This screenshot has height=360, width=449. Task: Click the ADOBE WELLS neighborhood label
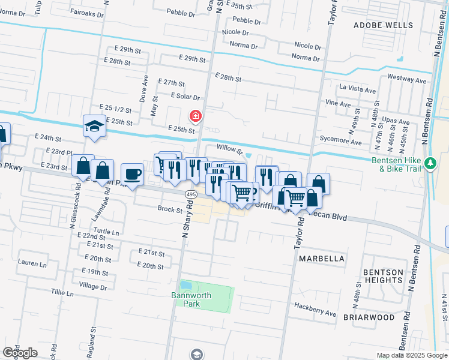point(383,25)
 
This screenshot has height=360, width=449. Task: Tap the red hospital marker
point(196,115)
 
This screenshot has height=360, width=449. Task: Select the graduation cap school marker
point(94,127)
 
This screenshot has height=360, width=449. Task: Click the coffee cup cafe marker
point(132,175)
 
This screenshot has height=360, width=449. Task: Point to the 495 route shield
point(190,195)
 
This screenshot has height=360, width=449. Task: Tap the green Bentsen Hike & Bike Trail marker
point(430,163)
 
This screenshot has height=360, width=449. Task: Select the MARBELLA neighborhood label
point(322,259)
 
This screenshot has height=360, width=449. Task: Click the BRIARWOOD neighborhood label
point(369,317)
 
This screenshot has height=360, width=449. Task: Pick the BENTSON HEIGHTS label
point(383,277)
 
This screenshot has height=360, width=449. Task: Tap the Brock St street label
point(170,210)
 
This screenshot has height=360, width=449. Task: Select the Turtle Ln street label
point(106,231)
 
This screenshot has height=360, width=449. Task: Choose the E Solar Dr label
point(185,96)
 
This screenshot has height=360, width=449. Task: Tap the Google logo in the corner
point(20,353)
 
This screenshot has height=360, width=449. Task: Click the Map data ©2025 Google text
point(411,355)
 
